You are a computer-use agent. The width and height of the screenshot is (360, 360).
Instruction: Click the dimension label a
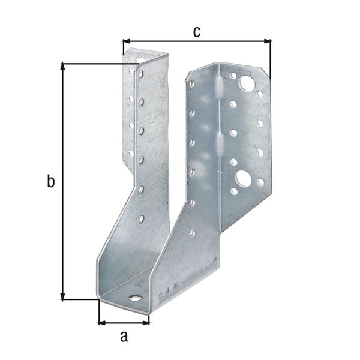(x=124, y=337)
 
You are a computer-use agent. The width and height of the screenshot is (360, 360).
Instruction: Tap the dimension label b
(x=51, y=181)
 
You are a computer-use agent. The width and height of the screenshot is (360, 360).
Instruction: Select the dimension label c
(x=196, y=32)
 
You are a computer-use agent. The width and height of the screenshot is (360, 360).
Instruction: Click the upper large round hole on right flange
(x=247, y=83)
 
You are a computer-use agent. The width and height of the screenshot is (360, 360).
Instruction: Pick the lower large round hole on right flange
(x=243, y=178)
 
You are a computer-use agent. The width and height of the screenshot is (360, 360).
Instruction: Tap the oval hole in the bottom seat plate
(x=136, y=298)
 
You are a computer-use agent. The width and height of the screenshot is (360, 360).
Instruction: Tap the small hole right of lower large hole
(x=260, y=182)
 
